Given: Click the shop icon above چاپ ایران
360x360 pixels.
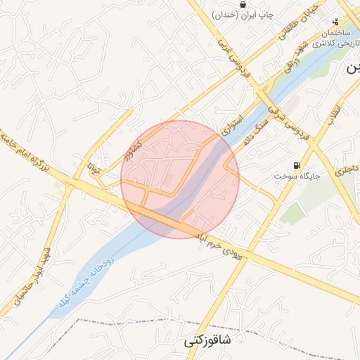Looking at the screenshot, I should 243,5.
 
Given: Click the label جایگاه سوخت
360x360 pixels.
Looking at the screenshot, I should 297,175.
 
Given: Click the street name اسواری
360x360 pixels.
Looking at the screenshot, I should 233,125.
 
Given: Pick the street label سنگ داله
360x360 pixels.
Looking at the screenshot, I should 257,132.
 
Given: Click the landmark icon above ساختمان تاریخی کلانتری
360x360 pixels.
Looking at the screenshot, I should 336,22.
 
